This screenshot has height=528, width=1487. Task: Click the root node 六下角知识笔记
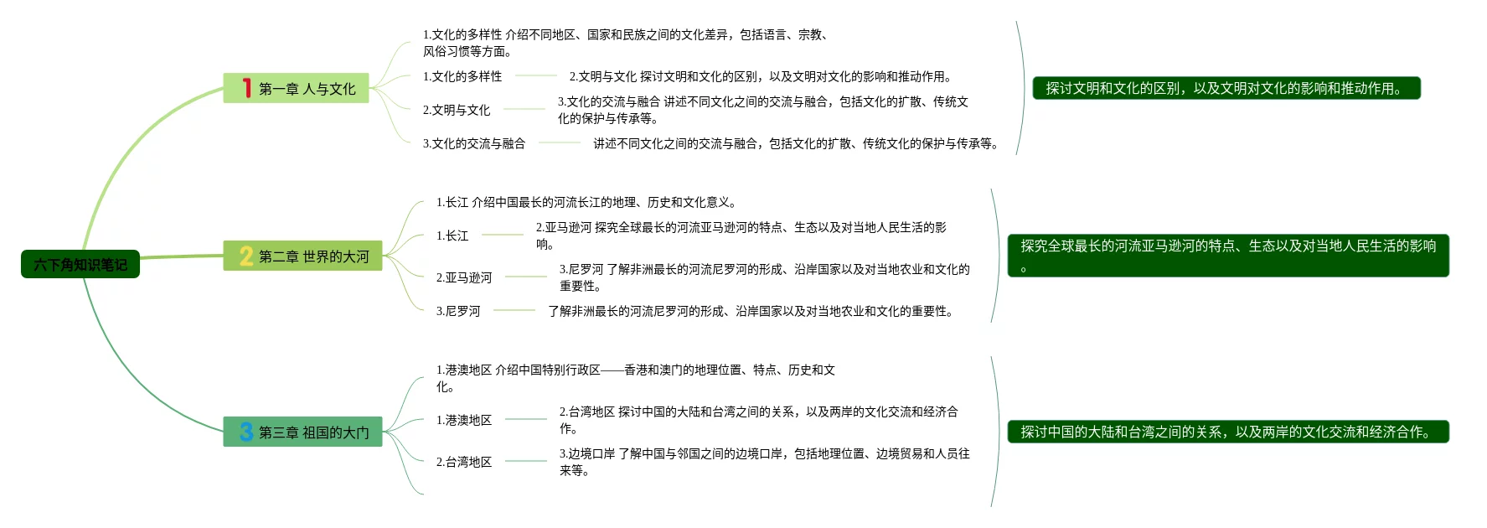click(x=80, y=265)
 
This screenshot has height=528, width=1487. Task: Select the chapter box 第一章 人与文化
click(x=306, y=89)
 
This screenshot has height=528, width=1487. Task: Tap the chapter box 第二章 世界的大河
click(x=312, y=256)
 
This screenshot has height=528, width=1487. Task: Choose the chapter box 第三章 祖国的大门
click(x=312, y=432)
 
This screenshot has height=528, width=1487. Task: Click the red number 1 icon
click(x=246, y=88)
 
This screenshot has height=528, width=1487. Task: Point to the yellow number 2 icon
click(x=246, y=256)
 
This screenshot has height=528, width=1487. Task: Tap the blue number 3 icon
click(x=246, y=432)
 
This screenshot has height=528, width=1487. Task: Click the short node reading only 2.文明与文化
click(x=457, y=110)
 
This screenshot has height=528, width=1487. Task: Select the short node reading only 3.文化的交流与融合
click(x=474, y=143)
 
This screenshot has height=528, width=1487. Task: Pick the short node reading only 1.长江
click(x=452, y=236)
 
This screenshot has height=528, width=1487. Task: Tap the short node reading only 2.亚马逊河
click(x=464, y=277)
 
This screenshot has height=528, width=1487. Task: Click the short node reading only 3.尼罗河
click(x=458, y=311)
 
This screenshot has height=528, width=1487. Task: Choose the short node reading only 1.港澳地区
click(x=464, y=420)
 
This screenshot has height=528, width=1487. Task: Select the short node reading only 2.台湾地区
click(x=464, y=462)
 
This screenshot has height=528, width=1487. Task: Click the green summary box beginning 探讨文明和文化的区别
click(x=1226, y=88)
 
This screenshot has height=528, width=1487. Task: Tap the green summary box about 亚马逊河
click(x=1228, y=256)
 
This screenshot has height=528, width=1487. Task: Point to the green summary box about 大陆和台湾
click(x=1228, y=432)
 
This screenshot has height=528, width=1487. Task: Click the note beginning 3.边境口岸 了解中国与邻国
click(x=764, y=462)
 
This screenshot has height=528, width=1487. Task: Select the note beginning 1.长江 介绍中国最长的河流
click(x=586, y=202)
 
